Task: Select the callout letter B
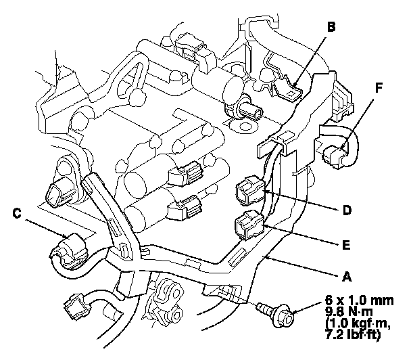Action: (x=330, y=28)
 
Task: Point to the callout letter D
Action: (x=347, y=210)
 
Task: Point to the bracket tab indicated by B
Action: (x=287, y=91)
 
